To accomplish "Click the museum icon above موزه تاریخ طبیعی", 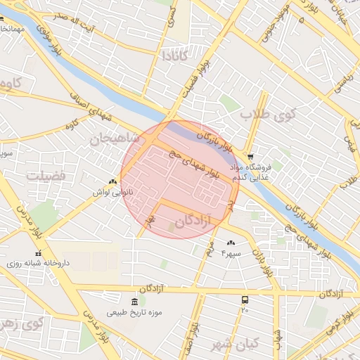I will (134, 302).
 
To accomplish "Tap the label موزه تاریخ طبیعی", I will (134, 312).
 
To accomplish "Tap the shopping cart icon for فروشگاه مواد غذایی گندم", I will (250, 156).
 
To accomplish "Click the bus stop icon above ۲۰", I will (245, 300).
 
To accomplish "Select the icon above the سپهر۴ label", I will (231, 243).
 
